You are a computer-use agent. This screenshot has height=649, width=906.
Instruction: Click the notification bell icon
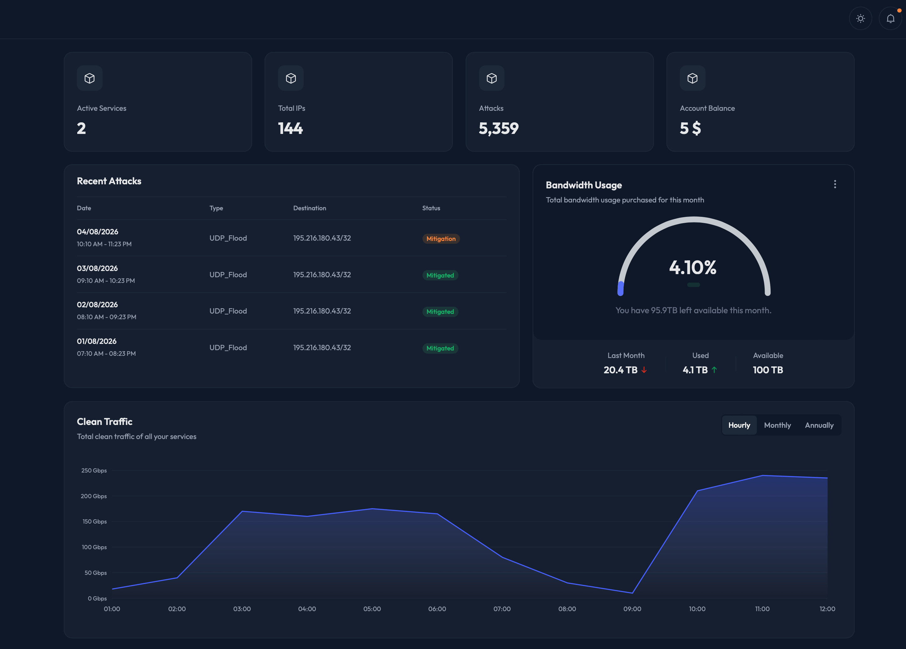890,18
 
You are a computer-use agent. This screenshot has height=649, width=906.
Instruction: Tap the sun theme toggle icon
860,18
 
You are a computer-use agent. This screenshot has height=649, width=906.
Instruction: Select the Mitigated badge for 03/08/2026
440,275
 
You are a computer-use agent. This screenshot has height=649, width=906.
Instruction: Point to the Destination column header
309,208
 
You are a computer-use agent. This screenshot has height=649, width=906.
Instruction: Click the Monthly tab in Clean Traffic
777,425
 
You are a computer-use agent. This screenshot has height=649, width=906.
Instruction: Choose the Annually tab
819,425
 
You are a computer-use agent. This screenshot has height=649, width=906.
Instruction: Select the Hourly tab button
739,425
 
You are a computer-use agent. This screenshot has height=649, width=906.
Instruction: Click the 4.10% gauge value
693,267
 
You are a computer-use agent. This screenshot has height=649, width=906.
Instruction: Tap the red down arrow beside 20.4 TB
644,370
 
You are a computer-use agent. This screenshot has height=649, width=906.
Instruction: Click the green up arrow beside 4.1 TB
714,370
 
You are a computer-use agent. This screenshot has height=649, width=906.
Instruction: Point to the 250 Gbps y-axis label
94,470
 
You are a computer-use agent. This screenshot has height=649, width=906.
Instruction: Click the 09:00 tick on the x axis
632,609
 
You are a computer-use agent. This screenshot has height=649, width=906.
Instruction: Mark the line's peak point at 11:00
762,476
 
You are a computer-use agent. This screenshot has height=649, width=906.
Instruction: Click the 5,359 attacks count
498,128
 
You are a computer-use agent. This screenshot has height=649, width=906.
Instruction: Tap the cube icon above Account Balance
692,78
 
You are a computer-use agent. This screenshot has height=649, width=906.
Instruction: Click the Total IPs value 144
290,128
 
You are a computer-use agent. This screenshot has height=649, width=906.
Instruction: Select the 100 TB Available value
767,370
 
